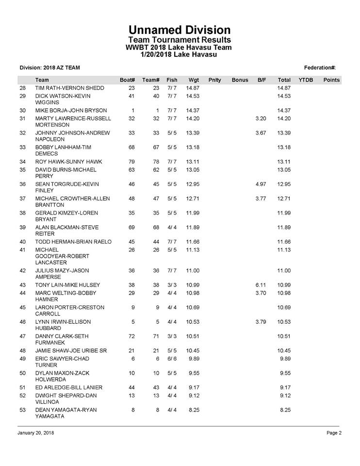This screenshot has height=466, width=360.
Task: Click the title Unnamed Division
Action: [x=180, y=30]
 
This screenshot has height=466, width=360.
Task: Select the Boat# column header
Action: [x=127, y=80]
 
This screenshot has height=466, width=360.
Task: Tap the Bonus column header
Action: [x=240, y=80]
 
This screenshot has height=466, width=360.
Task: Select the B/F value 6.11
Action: [x=260, y=284]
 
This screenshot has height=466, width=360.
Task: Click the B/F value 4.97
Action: [x=260, y=184]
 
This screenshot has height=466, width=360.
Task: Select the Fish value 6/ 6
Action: [x=171, y=359]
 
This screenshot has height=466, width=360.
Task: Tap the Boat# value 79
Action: [x=131, y=162]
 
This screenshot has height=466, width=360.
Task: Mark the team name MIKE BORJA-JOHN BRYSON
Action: [x=71, y=110]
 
